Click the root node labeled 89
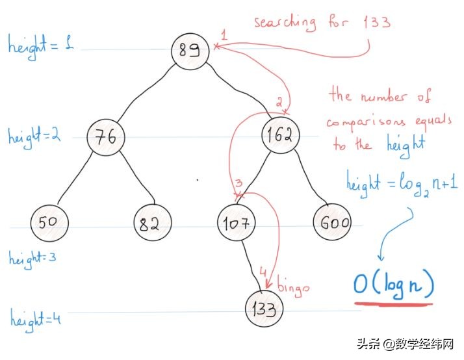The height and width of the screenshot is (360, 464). [190, 49]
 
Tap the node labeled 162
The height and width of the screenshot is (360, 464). [281, 135]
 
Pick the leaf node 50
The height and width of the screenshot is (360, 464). [48, 223]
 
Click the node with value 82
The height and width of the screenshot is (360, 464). [152, 224]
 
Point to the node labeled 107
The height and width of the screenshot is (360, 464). [235, 224]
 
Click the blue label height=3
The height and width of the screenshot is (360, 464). [32, 257]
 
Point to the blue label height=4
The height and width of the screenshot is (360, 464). [34, 319]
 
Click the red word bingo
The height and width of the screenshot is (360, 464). [294, 287]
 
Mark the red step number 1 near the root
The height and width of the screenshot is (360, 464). [223, 33]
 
